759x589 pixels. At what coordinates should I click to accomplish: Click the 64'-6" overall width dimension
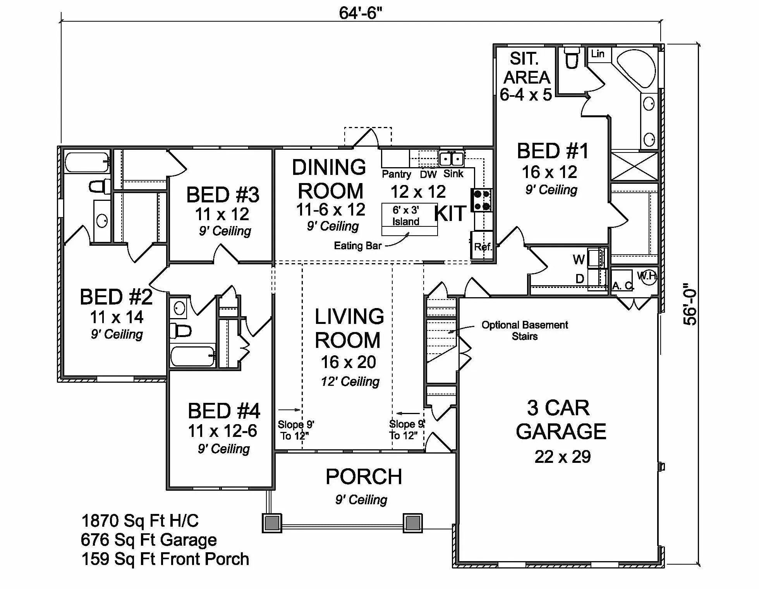(x=360, y=13)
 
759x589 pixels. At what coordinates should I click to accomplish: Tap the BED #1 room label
(x=553, y=151)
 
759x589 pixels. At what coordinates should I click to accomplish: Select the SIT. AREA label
(x=526, y=68)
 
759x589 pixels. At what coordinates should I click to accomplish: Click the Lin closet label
(x=598, y=54)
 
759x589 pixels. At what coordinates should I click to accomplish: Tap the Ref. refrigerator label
(x=483, y=247)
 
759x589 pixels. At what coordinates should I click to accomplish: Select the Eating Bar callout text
(x=357, y=246)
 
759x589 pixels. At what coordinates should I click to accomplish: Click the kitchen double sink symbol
(x=452, y=159)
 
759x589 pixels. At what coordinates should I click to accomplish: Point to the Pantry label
(x=396, y=174)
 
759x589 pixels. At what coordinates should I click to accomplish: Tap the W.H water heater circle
(x=647, y=277)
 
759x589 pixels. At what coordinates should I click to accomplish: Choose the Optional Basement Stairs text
(x=525, y=330)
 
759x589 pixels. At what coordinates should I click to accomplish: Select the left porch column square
(x=272, y=522)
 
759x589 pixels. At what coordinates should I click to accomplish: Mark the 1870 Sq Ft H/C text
(x=140, y=521)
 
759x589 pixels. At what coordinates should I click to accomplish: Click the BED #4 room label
(x=224, y=411)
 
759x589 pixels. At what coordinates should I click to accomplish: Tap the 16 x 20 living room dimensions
(x=348, y=362)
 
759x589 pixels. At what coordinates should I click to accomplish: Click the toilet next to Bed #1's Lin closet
(x=572, y=59)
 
